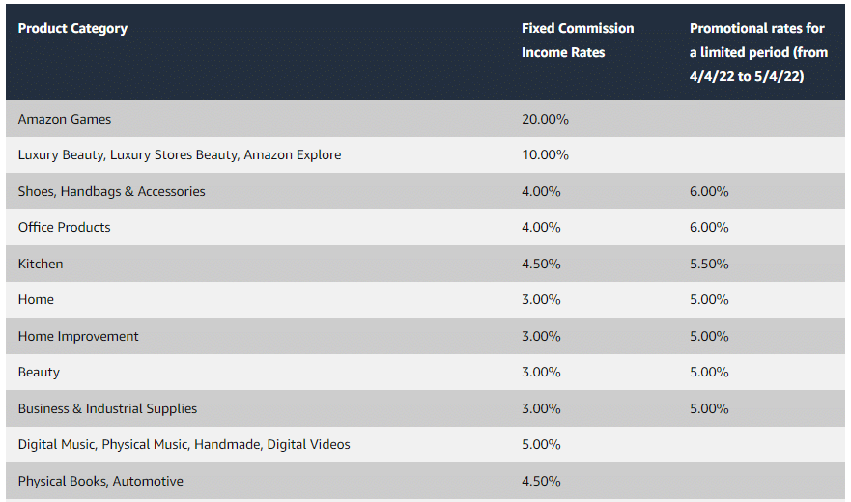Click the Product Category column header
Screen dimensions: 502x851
72,28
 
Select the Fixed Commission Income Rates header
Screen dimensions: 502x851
578,41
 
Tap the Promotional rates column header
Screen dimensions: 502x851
758,52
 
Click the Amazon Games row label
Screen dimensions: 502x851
65,119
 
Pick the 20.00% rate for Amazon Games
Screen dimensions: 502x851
545,119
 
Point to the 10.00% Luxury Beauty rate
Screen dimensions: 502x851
545,154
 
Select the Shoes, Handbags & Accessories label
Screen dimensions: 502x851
111,191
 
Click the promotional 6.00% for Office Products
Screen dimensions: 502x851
709,227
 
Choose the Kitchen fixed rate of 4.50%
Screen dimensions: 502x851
541,264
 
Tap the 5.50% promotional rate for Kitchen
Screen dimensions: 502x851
709,264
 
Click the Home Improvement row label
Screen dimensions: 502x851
78,336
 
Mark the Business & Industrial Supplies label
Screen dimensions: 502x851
107,408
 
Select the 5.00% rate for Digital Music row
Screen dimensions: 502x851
541,444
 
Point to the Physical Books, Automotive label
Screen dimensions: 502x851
100,481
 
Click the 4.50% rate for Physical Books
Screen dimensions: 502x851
541,481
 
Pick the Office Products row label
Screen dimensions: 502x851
64,227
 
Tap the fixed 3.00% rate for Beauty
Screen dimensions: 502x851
541,372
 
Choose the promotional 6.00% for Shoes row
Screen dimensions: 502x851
709,191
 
